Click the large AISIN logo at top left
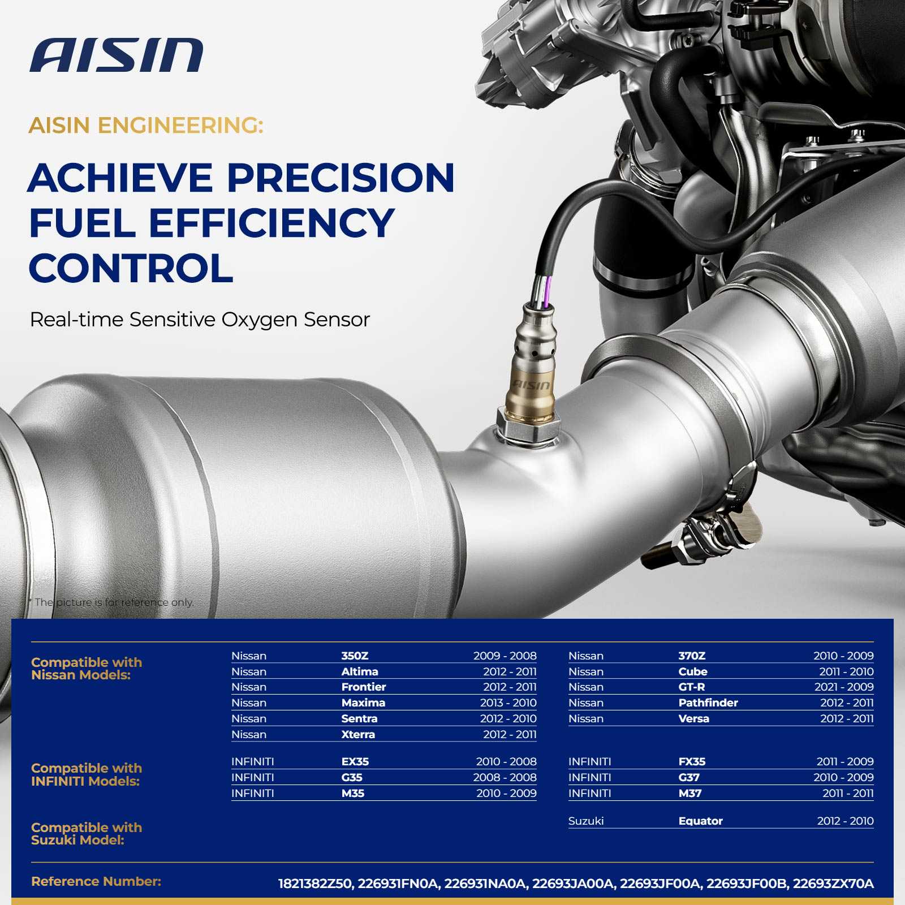(117, 55)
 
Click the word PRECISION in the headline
(341, 178)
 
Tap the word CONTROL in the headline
(131, 268)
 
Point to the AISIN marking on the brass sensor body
(531, 385)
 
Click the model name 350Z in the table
(355, 656)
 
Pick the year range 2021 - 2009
(844, 687)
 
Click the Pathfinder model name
(708, 703)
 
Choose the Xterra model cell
(358, 734)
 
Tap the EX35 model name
(355, 761)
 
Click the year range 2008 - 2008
(505, 777)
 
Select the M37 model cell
(690, 793)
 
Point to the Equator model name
(700, 821)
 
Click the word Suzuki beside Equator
(586, 821)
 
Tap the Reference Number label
(96, 881)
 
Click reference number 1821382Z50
(314, 884)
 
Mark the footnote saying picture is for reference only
(111, 602)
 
